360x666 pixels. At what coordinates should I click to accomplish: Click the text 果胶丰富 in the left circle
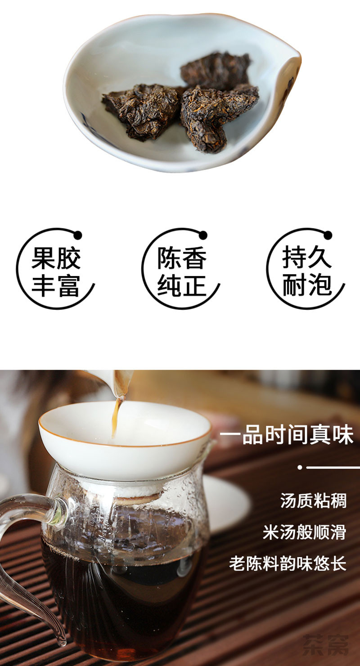[x=56, y=272]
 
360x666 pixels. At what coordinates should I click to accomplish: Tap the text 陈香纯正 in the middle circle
[x=182, y=272]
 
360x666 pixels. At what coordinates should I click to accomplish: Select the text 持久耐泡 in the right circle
[x=307, y=272]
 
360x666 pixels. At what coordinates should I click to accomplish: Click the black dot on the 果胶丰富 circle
[x=78, y=235]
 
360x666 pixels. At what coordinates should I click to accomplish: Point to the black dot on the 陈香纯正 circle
[x=203, y=235]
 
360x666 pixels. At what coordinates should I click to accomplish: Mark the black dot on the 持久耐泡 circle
[x=328, y=235]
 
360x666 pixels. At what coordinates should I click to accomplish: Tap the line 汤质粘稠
[x=313, y=501]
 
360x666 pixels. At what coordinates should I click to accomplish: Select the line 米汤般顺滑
[x=305, y=532]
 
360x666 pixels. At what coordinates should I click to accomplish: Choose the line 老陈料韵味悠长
[x=288, y=563]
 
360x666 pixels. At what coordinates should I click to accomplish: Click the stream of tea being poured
[x=116, y=415]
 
